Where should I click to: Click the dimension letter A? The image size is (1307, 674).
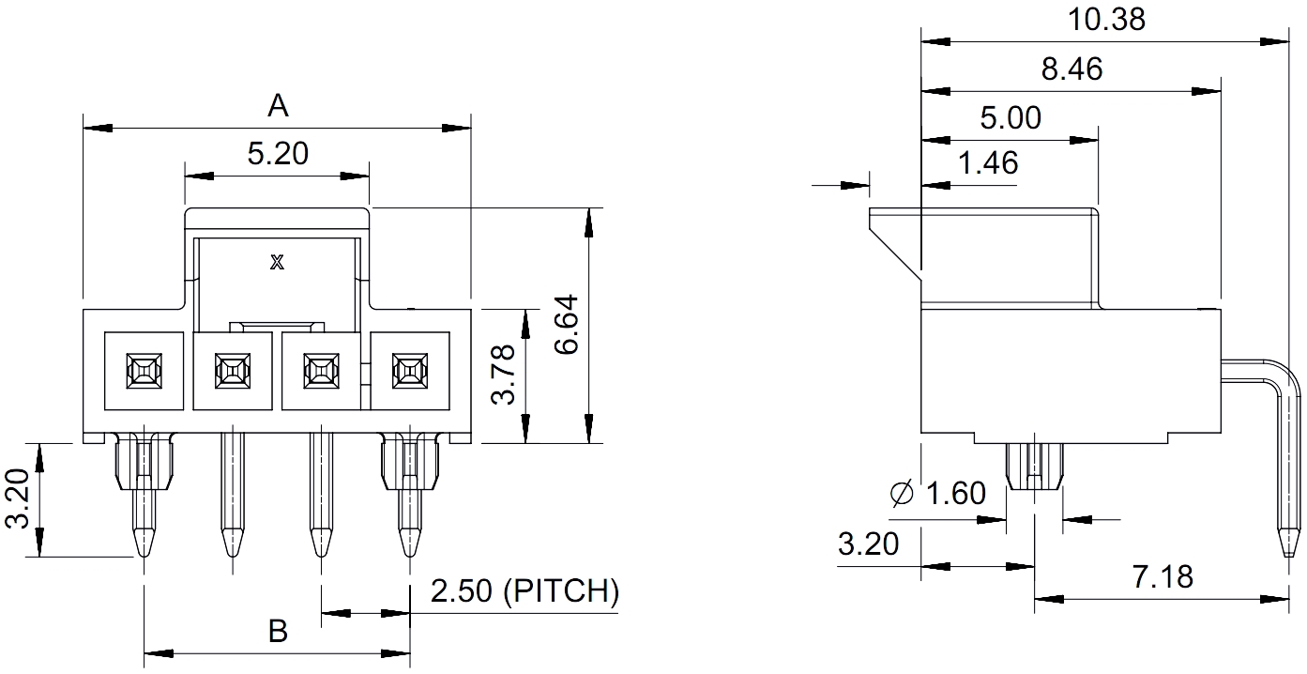click(278, 105)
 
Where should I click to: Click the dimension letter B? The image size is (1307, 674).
click(278, 631)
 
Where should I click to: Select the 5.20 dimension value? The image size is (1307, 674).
click(278, 153)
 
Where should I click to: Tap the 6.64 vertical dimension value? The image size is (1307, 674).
click(567, 324)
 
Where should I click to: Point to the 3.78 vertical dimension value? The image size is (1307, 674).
click(503, 374)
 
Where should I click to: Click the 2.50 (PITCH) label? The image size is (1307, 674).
click(524, 591)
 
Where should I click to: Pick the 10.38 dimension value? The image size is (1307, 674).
click(1107, 19)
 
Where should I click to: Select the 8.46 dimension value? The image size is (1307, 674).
click(1071, 69)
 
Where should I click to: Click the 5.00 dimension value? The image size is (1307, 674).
click(1011, 118)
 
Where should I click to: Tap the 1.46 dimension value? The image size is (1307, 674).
click(988, 162)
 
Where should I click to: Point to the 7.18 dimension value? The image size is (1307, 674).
click(1163, 575)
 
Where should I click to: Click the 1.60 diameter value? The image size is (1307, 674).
click(955, 493)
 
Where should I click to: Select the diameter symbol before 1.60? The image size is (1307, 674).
click(902, 493)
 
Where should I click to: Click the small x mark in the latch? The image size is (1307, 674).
click(277, 262)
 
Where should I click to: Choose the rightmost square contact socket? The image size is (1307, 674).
click(409, 371)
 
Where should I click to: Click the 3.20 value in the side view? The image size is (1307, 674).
click(868, 544)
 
